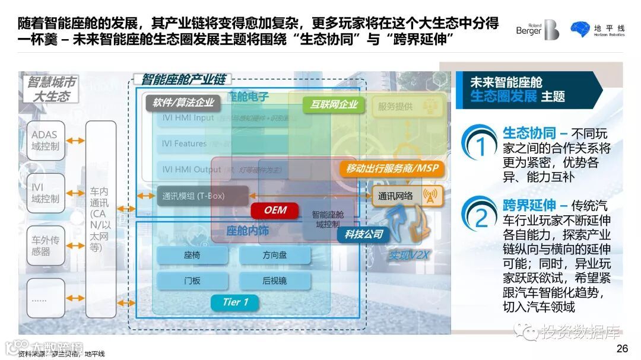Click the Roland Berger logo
coord(537,29)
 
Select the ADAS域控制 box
coord(46,141)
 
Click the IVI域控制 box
coord(46,193)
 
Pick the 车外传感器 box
coord(46,246)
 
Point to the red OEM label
coord(275,210)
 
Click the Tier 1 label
coord(236,302)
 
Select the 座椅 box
coord(192,256)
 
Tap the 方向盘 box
coord(275,256)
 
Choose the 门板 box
coord(192,281)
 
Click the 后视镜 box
coord(275,281)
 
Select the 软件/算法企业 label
coord(183,103)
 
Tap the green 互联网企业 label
coord(334,104)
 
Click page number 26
coord(622,348)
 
